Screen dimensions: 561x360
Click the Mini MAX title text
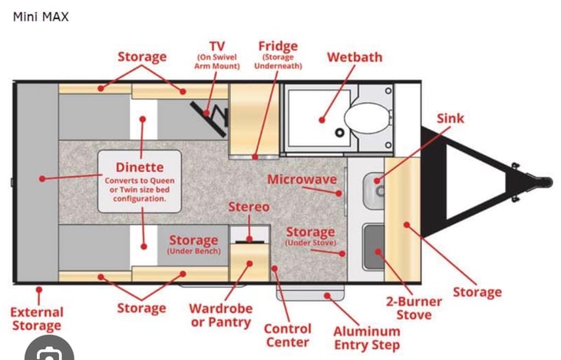pyautogui.click(x=41, y=17)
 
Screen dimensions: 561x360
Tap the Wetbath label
pyautogui.click(x=355, y=58)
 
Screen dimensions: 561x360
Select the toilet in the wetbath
pyautogui.click(x=368, y=118)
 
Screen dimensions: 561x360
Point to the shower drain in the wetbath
pyautogui.click(x=339, y=133)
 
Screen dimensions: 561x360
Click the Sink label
pyautogui.click(x=450, y=118)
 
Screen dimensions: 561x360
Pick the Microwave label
pyautogui.click(x=302, y=180)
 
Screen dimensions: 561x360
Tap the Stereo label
pyautogui.click(x=249, y=206)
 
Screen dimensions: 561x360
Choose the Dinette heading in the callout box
pyautogui.click(x=140, y=167)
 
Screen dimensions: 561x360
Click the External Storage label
pyautogui.click(x=37, y=319)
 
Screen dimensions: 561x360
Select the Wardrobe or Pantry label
pyautogui.click(x=221, y=315)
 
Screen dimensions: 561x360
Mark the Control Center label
pyautogui.click(x=288, y=335)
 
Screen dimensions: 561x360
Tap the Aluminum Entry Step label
pyautogui.click(x=367, y=338)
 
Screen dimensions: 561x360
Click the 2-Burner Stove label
pyautogui.click(x=414, y=308)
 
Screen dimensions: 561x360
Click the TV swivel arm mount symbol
pyautogui.click(x=210, y=118)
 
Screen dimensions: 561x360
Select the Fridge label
pyautogui.click(x=278, y=46)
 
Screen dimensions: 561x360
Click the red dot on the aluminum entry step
pyautogui.click(x=327, y=296)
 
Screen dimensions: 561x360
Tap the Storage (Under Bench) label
pyautogui.click(x=193, y=244)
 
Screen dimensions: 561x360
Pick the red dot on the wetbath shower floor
pyautogui.click(x=322, y=121)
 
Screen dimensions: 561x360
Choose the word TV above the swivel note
pyautogui.click(x=217, y=46)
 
